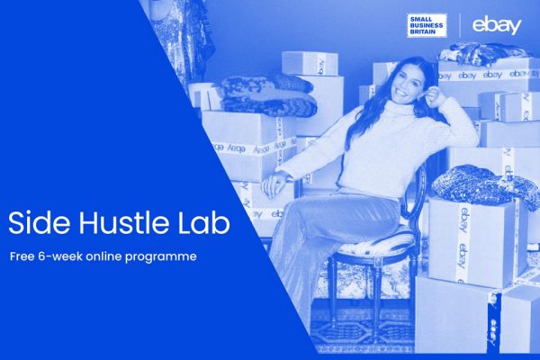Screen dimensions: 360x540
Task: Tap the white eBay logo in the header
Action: [x=497, y=25]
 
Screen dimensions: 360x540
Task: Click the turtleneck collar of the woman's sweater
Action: [x=396, y=117]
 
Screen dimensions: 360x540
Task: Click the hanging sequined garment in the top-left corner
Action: [x=175, y=36]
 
